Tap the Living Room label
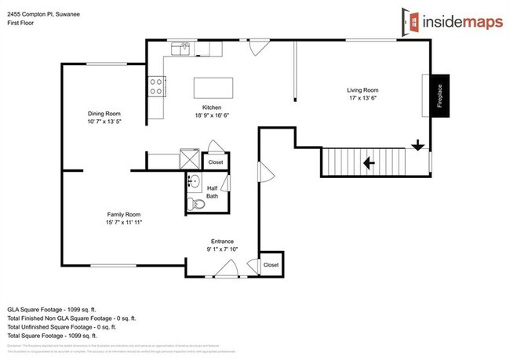coord(362,90)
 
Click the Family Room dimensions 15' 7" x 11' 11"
coord(124,223)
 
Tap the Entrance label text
coord(223,241)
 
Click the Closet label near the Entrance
coord(271,265)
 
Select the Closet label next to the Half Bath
coord(215,162)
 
